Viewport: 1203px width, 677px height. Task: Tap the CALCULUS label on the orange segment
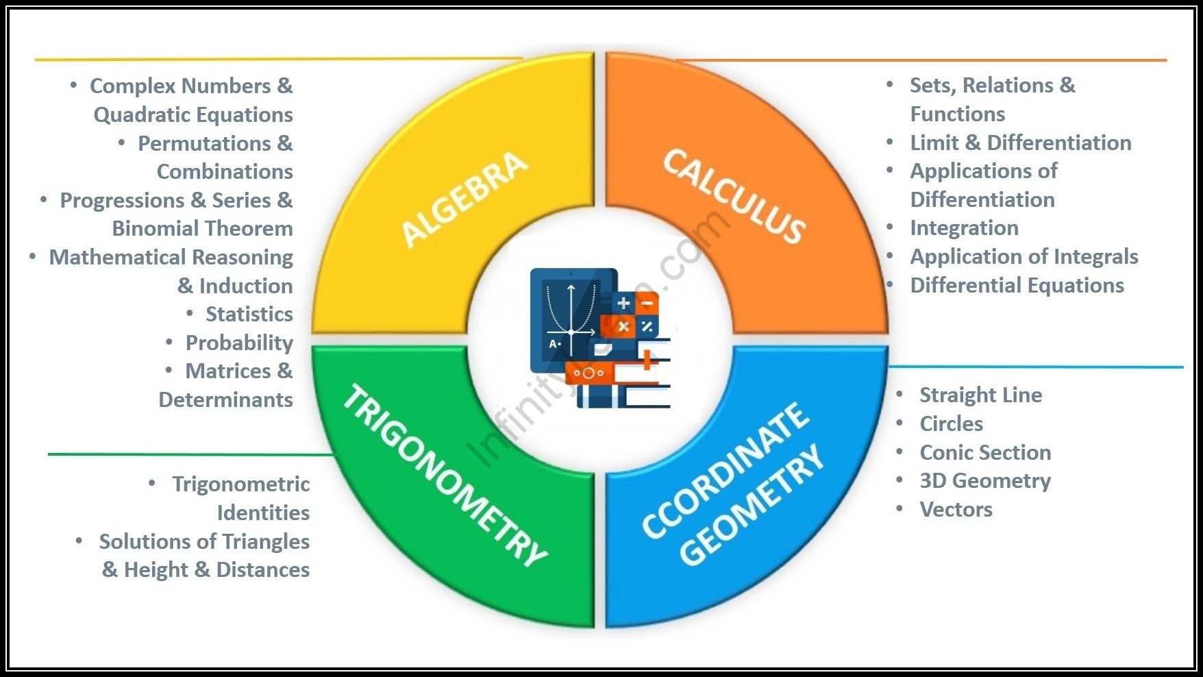(734, 195)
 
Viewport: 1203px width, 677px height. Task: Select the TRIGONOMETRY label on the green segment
(444, 476)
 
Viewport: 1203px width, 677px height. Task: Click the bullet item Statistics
(249, 315)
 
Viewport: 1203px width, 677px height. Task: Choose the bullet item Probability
(239, 343)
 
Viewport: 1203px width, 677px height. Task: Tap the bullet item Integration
(964, 228)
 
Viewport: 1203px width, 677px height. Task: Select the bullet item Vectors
(956, 510)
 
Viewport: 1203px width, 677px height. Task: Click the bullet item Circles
(951, 424)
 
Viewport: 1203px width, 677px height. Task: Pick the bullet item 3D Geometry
(984, 481)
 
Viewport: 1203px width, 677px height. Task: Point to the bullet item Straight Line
(980, 395)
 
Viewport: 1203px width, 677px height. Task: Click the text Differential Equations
(1017, 286)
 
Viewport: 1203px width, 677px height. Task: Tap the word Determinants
(225, 400)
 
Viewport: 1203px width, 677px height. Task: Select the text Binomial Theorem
(202, 229)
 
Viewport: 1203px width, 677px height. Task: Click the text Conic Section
(985, 453)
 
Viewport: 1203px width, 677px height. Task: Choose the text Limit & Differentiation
(1020, 143)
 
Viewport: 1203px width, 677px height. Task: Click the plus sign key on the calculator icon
(623, 303)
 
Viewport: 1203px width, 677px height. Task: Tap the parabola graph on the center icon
(571, 308)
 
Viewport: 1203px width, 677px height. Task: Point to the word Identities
(263, 513)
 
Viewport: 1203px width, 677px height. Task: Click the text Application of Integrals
(1024, 257)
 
